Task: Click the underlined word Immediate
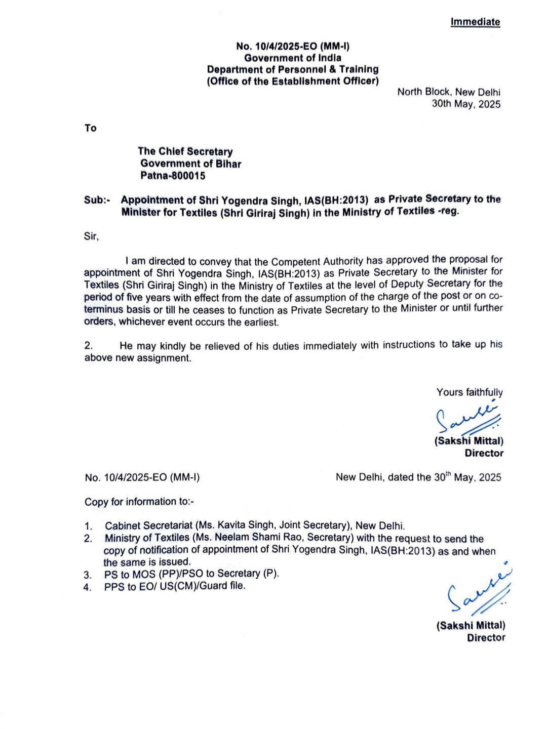pos(475,22)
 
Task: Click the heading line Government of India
pos(293,58)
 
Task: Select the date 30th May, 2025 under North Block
pos(466,104)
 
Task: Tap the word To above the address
pos(91,128)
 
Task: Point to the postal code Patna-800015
pos(173,176)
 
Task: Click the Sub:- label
pos(97,200)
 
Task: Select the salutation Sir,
pos(91,236)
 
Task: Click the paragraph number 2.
pos(89,346)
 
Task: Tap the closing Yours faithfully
pos(470,392)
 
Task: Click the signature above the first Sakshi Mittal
pos(467,418)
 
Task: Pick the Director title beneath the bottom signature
pos(486,638)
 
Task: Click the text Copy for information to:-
pos(139,502)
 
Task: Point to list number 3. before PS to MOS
pos(88,575)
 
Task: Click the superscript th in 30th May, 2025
pos(448,474)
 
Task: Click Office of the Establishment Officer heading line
pos(293,81)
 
